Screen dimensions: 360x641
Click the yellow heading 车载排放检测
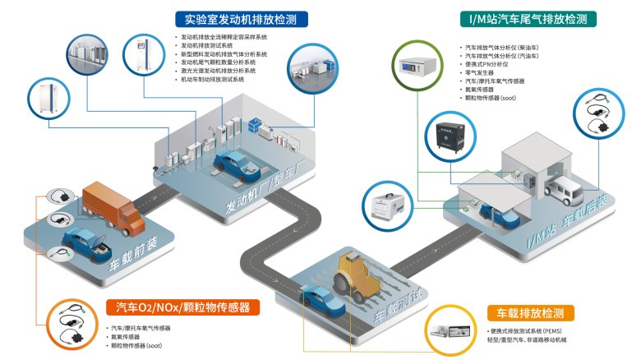pyautogui.click(x=530, y=313)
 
